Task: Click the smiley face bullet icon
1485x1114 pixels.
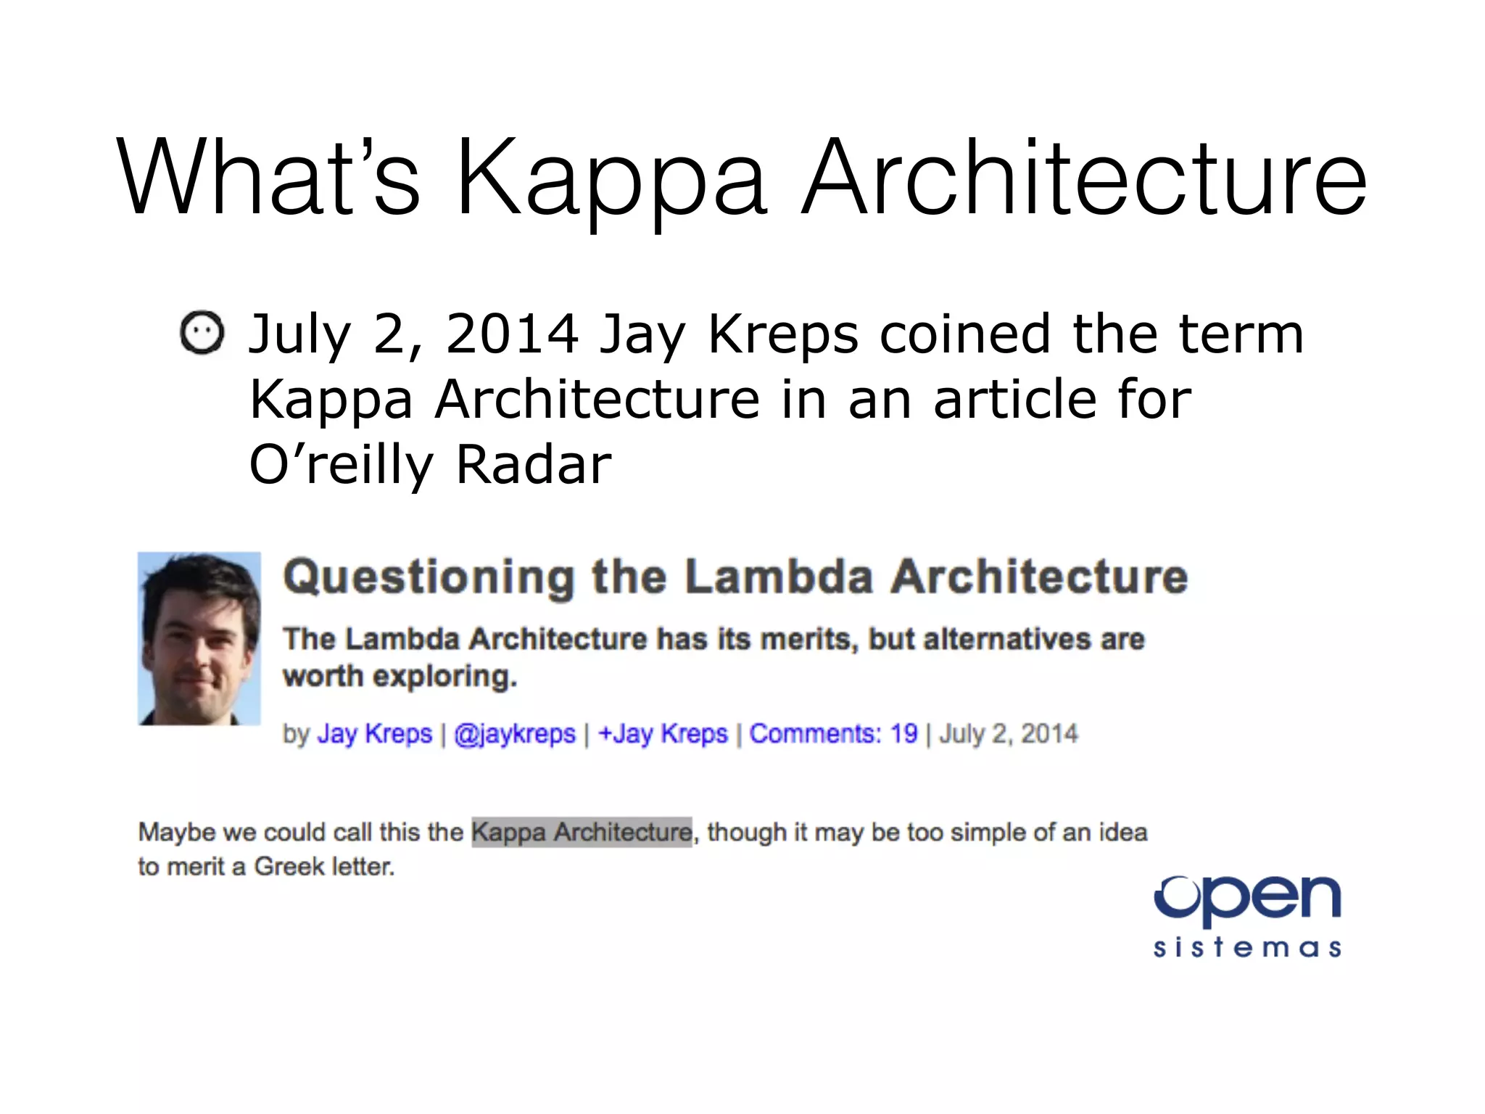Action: tap(202, 333)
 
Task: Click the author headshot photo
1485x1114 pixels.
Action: tap(199, 638)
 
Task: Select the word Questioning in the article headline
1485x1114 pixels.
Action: tap(429, 577)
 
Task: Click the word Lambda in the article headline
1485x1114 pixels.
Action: tap(779, 577)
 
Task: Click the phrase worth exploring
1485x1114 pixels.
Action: tap(400, 676)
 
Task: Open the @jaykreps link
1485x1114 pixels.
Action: tap(514, 734)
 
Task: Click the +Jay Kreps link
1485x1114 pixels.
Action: tap(662, 734)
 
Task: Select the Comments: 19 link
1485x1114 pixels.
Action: tap(833, 734)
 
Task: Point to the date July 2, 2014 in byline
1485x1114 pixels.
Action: tap(1009, 734)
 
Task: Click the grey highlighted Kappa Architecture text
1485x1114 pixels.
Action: tap(582, 832)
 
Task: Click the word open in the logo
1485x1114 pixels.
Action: tap(1247, 899)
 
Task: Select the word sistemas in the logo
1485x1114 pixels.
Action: tap(1247, 948)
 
